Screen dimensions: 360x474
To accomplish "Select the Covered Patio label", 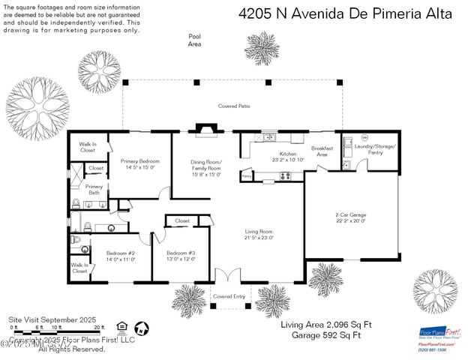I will (x=233, y=106).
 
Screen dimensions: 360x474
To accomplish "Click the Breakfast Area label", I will (x=322, y=151).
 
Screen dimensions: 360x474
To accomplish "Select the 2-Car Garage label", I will (x=350, y=217).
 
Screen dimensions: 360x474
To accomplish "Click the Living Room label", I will (x=258, y=234).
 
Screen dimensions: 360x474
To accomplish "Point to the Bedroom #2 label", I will (x=120, y=256).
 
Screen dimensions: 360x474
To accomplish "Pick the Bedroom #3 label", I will (x=181, y=256).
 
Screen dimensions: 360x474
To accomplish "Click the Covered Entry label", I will (x=229, y=296).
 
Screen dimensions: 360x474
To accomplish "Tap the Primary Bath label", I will (x=94, y=190).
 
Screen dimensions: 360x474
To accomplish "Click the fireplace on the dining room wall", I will (x=204, y=130).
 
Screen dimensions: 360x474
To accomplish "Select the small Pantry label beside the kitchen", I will (x=247, y=177).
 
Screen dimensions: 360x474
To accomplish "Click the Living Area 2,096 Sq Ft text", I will (x=325, y=325).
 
